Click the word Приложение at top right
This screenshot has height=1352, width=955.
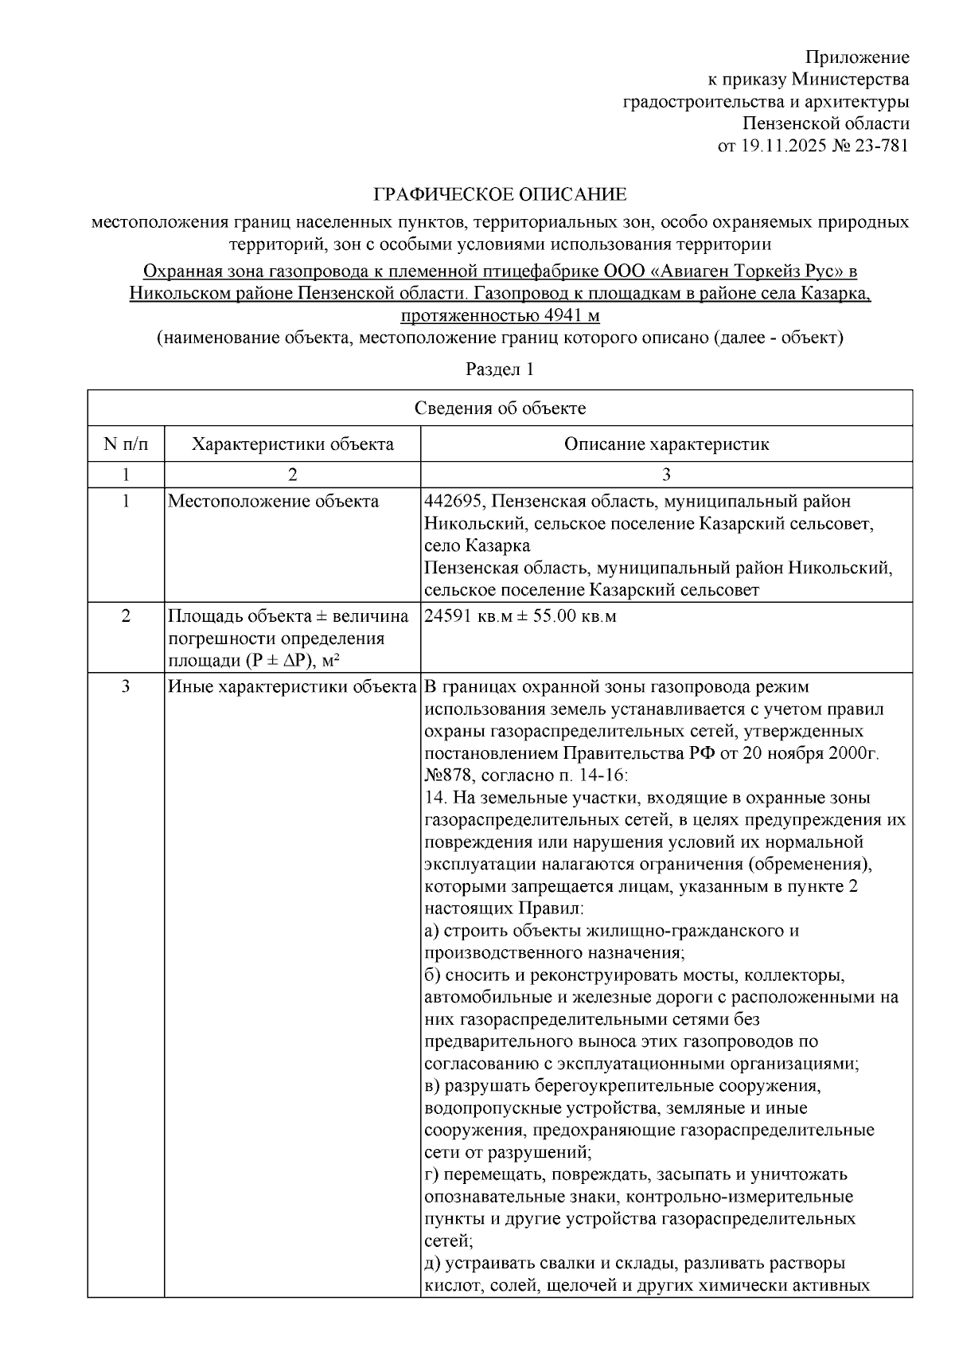coord(857,57)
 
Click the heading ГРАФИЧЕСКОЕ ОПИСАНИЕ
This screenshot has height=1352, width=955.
coord(501,195)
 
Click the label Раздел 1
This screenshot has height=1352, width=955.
coord(500,369)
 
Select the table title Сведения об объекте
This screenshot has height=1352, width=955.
coord(500,408)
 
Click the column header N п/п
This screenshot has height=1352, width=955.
coord(126,444)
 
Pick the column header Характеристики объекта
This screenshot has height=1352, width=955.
coord(292,444)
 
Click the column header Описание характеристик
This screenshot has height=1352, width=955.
coord(666,444)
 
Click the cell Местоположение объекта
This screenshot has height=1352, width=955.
coord(273,502)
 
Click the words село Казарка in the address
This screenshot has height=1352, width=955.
coord(477,546)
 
